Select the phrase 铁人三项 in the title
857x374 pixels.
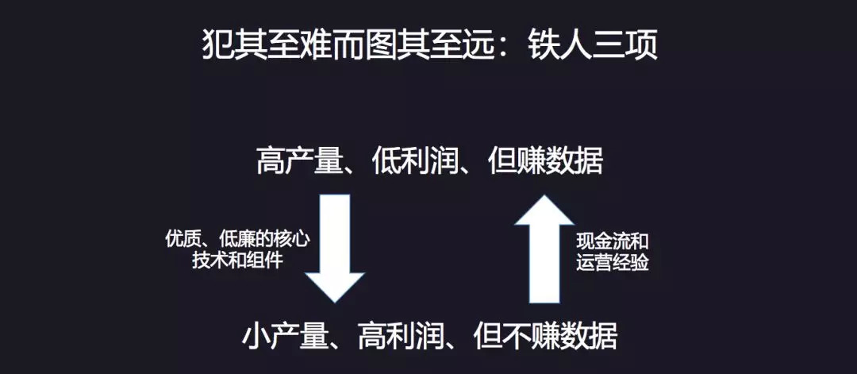[x=593, y=46]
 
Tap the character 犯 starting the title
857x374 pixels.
[x=218, y=46]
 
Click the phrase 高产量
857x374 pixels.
[x=299, y=161]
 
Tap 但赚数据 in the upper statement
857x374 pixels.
[x=545, y=161]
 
